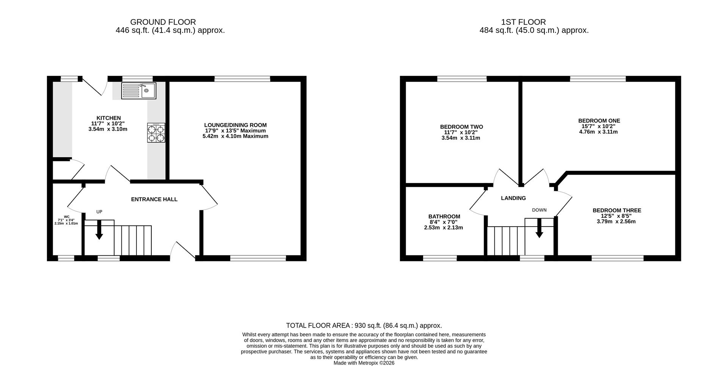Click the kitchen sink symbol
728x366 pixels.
pos(138,91)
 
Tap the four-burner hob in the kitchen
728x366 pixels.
pos(156,133)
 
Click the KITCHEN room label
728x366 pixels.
pos(108,118)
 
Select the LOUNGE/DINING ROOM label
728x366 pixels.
pos(235,125)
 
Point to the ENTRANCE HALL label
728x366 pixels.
pos(154,199)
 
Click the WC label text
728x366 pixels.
pos(67,217)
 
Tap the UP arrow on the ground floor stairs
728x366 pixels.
pos(99,230)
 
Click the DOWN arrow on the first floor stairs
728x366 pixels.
pos(539,228)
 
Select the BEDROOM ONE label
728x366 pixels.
pos(599,121)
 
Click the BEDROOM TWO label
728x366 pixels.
pos(461,127)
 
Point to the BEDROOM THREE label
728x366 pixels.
pos(617,210)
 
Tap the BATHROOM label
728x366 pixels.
pos(444,217)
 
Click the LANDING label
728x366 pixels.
pos(513,198)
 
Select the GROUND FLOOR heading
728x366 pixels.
pos(163,22)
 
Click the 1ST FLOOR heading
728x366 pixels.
pos(523,22)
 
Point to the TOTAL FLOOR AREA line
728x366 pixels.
pos(364,325)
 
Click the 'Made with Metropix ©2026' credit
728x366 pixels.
pos(364,363)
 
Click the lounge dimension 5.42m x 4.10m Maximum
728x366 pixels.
pos(235,136)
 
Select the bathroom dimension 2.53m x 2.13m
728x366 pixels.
pos(444,228)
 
